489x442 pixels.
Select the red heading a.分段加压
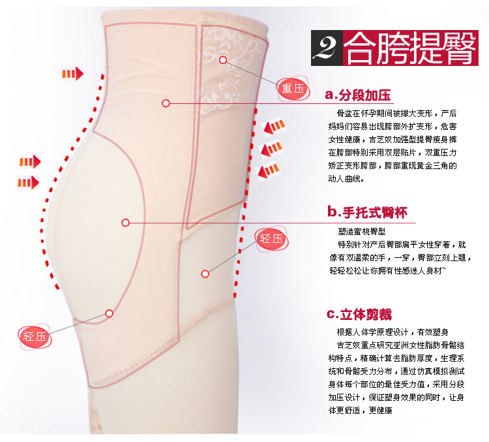click(x=359, y=95)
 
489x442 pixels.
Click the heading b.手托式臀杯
click(x=369, y=212)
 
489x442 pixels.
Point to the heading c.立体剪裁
click(x=359, y=315)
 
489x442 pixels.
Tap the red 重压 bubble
click(x=293, y=88)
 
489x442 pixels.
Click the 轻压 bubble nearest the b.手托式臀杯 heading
click(x=271, y=238)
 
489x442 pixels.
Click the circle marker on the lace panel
click(x=223, y=59)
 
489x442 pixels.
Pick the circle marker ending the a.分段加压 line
click(x=166, y=103)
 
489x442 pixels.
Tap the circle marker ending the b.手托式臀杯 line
click(x=126, y=223)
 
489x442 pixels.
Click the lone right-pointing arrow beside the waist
click(x=72, y=72)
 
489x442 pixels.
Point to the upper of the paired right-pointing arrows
click(x=30, y=161)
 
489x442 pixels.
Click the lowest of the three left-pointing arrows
click(x=269, y=170)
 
